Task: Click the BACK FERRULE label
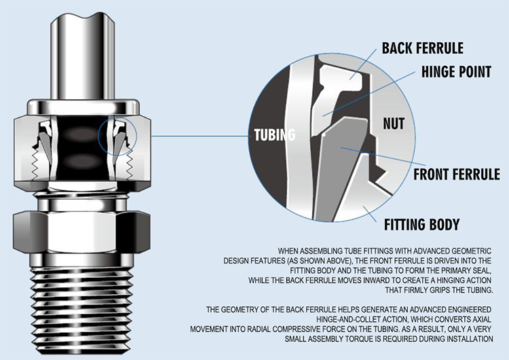coord(422,48)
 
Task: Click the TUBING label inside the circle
coord(274,134)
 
